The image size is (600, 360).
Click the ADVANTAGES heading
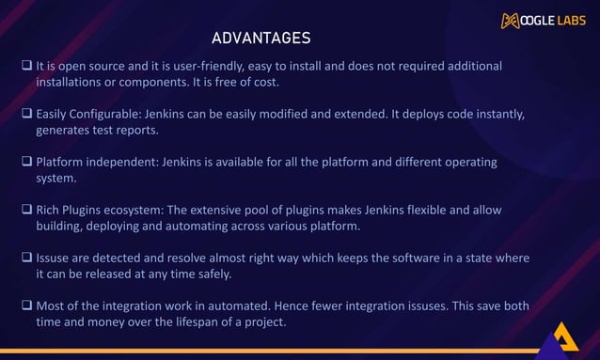pos(261,39)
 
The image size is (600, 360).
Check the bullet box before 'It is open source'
pos(27,67)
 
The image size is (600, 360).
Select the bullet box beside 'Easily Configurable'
pos(27,115)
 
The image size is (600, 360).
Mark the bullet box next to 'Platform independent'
pos(27,163)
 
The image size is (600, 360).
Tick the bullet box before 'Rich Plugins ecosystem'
pos(27,211)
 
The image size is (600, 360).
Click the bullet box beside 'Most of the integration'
pos(27,305)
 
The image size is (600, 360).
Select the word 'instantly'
pos(497,115)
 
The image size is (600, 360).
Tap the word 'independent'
pos(125,163)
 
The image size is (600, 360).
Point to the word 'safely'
pos(214,274)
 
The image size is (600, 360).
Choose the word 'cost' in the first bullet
pos(265,83)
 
